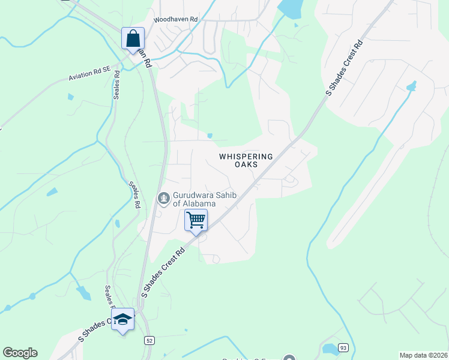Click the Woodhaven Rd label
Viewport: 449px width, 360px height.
[175, 20]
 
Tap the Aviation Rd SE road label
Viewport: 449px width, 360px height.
[89, 73]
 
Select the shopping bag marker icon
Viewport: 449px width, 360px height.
[133, 39]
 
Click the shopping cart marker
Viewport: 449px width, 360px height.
[196, 220]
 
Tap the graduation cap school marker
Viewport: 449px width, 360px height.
[122, 319]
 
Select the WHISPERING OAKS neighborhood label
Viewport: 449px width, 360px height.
[246, 160]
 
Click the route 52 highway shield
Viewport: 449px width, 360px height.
[148, 340]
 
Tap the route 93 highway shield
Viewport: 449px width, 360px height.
[343, 347]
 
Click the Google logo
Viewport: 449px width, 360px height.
[20, 353]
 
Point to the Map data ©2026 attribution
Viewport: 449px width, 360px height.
[423, 355]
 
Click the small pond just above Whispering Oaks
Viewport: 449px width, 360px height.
[209, 136]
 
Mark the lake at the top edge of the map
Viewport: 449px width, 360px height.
[289, 8]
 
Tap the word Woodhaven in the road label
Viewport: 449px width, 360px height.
[169, 20]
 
